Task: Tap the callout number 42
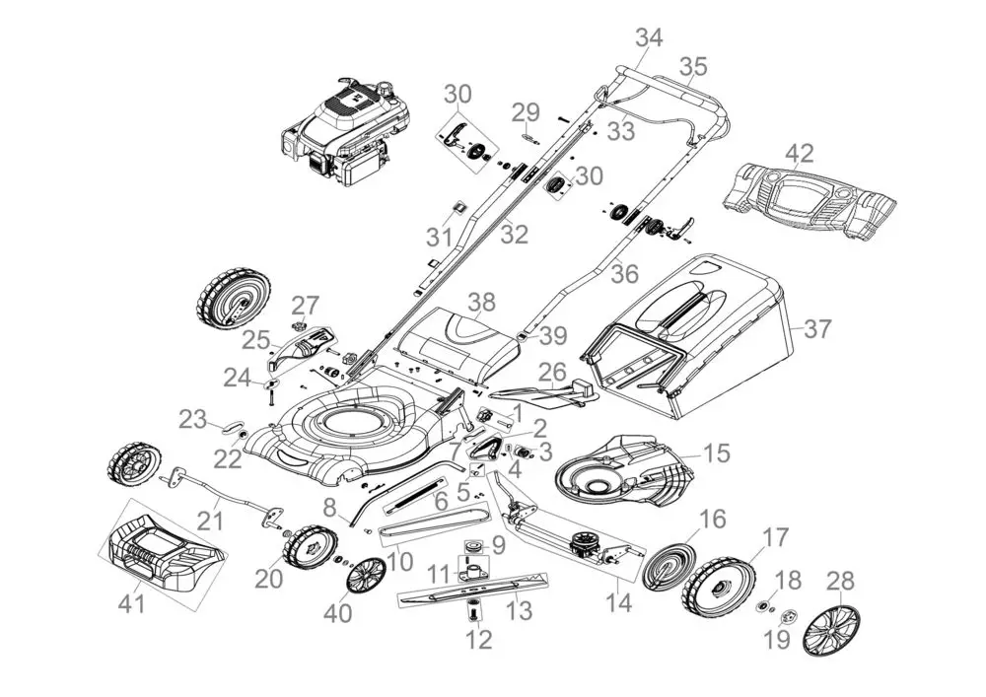point(800,154)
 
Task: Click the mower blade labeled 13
point(473,591)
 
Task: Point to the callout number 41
point(132,604)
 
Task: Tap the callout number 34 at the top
point(649,38)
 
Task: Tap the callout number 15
point(717,453)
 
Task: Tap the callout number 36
point(625,273)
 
